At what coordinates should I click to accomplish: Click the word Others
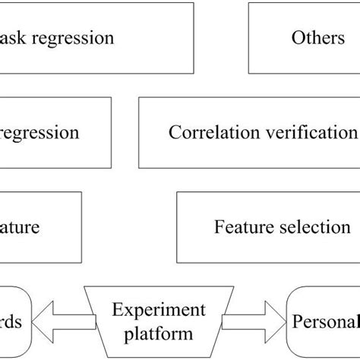pyautogui.click(x=318, y=38)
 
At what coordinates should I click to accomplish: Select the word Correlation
pyautogui.click(x=207, y=133)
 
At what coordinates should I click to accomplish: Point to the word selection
pyautogui.click(x=317, y=227)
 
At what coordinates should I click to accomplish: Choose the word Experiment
pyautogui.click(x=159, y=310)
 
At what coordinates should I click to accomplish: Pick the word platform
pyautogui.click(x=159, y=333)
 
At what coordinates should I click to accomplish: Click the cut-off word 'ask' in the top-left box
pyautogui.click(x=14, y=38)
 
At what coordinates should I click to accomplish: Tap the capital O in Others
pyautogui.click(x=297, y=38)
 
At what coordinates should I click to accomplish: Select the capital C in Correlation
pyautogui.click(x=174, y=133)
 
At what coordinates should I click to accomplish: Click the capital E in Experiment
pyautogui.click(x=117, y=310)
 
